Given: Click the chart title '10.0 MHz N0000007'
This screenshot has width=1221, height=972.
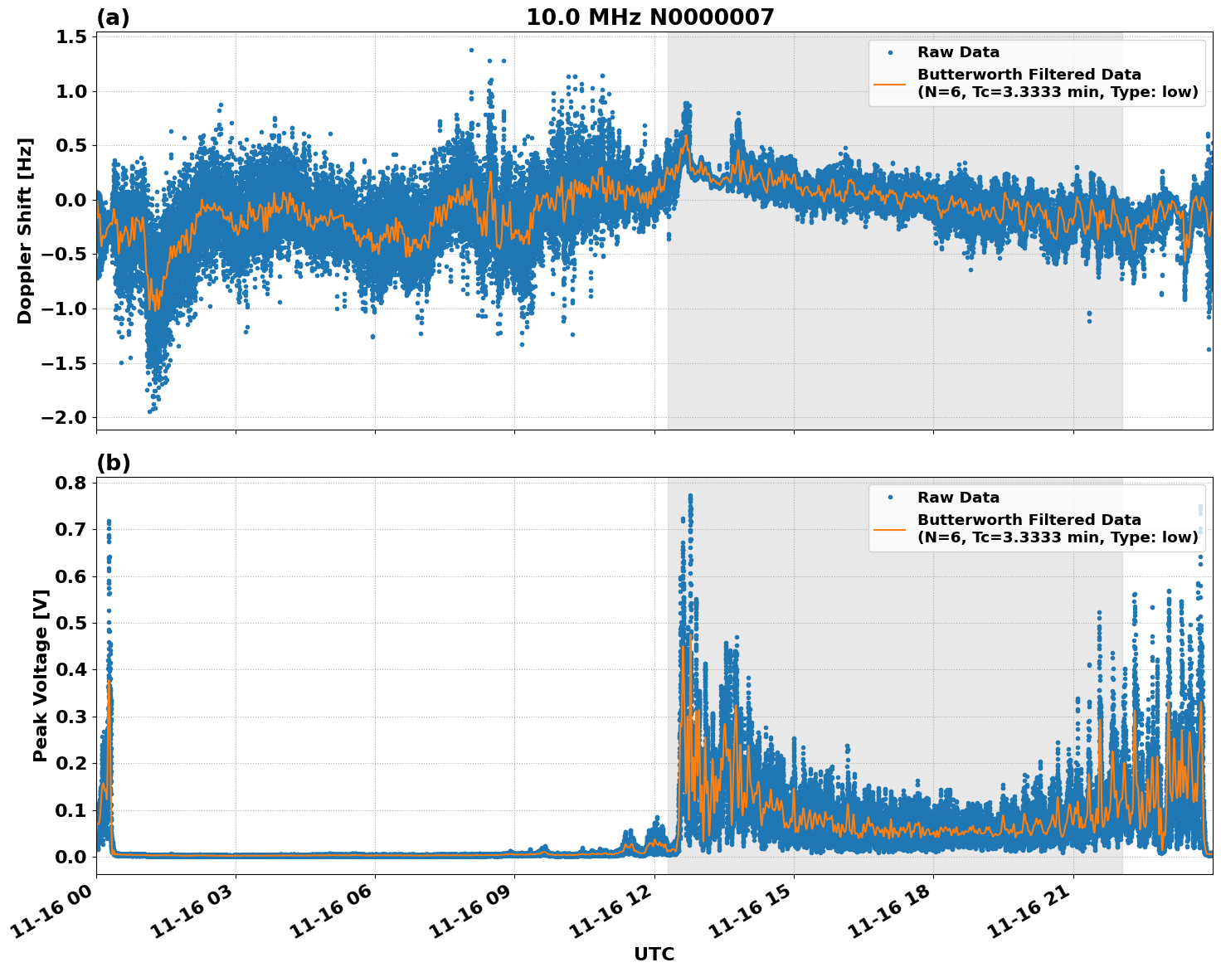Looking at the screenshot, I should click(650, 17).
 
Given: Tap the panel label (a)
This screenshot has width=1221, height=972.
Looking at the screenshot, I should click(113, 17).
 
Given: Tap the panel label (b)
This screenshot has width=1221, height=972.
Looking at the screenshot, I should click(114, 463).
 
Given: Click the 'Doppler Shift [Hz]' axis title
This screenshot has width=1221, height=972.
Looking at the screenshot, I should click(25, 231).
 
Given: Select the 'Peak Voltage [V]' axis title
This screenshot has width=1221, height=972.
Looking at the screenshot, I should click(40, 675).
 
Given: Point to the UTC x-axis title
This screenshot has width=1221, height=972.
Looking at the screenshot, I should click(654, 954).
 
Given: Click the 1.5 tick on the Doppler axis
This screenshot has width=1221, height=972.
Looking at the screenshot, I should click(71, 37).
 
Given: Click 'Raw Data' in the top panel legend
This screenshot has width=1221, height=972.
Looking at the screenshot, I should click(958, 53).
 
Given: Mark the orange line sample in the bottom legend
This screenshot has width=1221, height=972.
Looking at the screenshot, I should click(890, 528).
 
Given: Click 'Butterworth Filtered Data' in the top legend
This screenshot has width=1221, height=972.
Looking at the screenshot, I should click(1029, 75).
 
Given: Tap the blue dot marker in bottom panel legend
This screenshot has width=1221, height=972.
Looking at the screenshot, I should click(890, 498).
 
